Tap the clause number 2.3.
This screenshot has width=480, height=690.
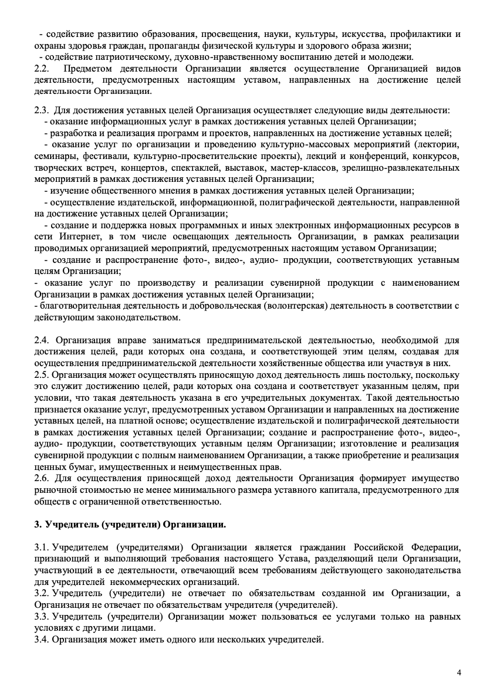click(x=41, y=110)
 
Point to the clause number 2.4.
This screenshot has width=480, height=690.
click(x=41, y=340)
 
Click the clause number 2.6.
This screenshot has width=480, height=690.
click(x=41, y=478)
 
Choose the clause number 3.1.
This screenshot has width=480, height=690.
click(x=42, y=547)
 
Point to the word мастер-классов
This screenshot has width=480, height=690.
click(x=306, y=168)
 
